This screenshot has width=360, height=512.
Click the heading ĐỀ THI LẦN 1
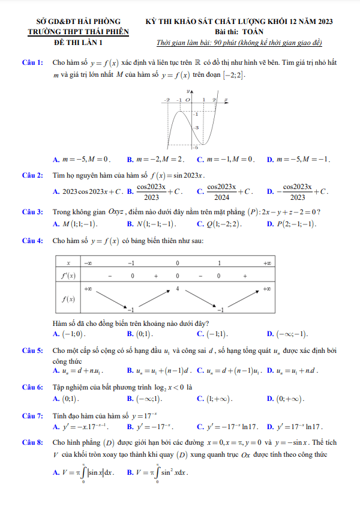(78, 42)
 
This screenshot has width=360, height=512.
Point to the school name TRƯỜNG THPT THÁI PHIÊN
(78, 32)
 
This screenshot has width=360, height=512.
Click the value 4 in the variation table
(178, 289)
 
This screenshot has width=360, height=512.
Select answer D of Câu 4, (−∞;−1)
(287, 334)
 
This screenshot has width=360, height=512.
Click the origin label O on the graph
(187, 100)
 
